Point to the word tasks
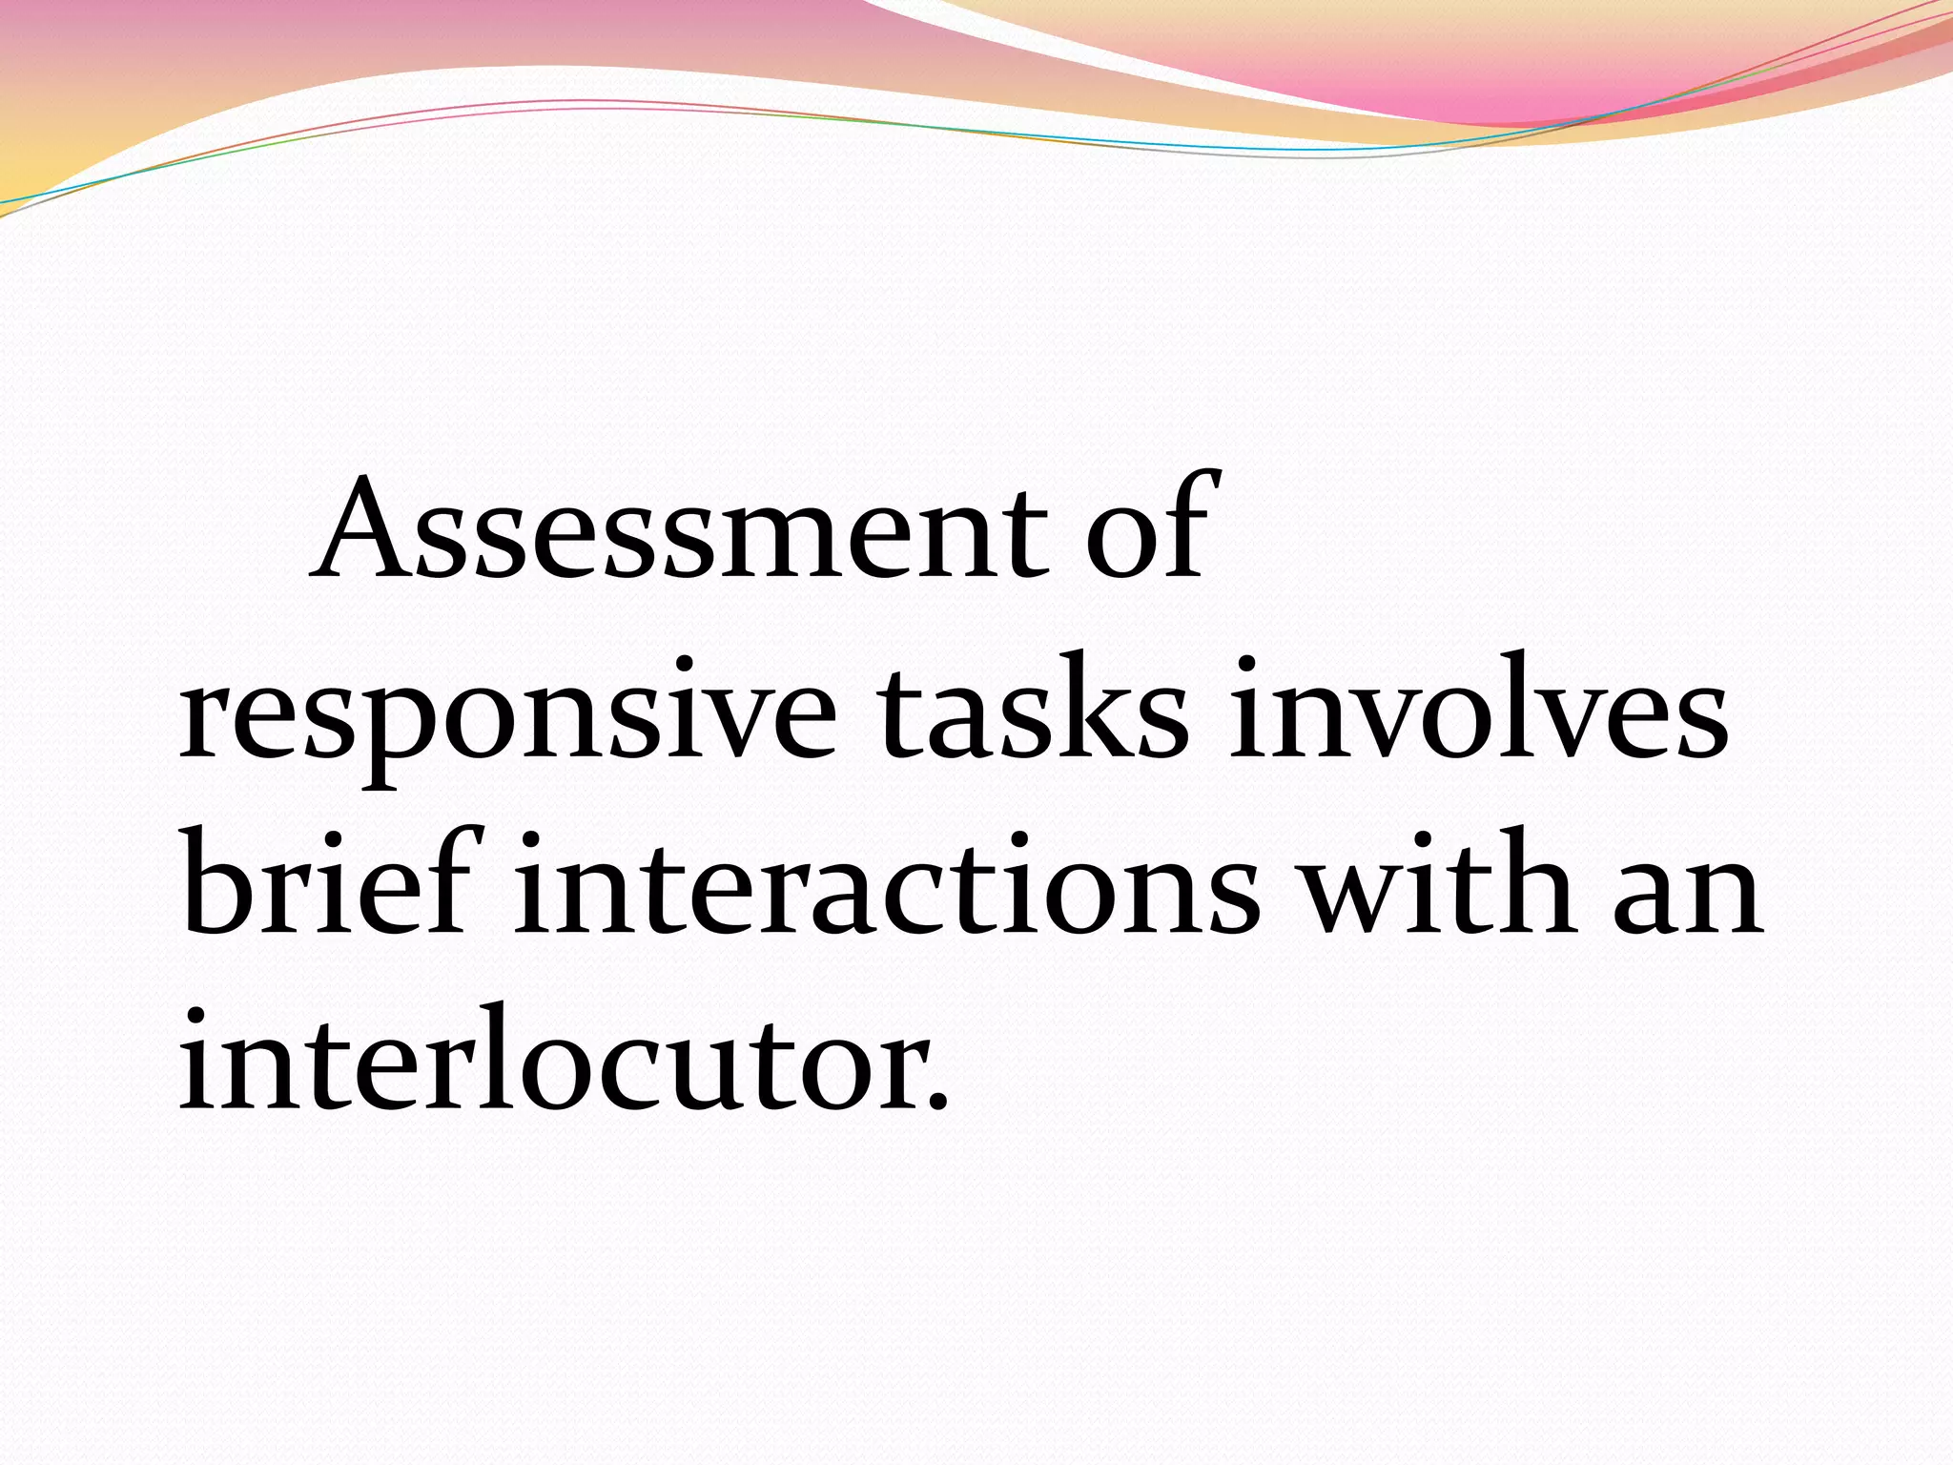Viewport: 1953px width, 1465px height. (1034, 711)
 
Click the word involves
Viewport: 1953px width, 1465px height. (1478, 711)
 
